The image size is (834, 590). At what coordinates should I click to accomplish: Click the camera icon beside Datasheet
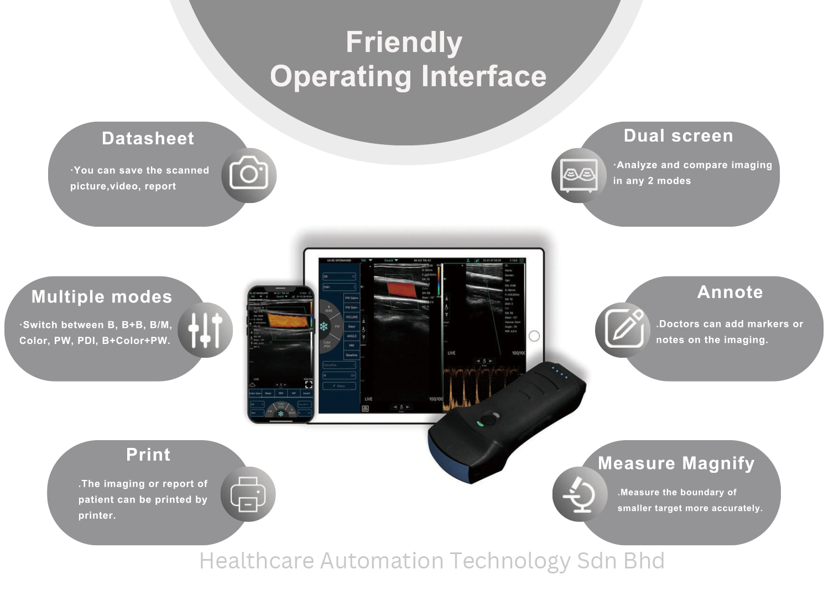pyautogui.click(x=249, y=175)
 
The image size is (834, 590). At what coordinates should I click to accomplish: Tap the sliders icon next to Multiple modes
pyautogui.click(x=205, y=330)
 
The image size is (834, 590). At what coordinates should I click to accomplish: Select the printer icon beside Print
pyautogui.click(x=248, y=494)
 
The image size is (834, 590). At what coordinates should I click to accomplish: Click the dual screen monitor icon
pyautogui.click(x=578, y=175)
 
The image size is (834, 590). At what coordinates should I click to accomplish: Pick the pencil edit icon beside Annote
pyautogui.click(x=624, y=329)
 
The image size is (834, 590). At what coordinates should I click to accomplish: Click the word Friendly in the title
pyautogui.click(x=404, y=43)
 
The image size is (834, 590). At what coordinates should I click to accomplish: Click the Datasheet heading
pyautogui.click(x=148, y=138)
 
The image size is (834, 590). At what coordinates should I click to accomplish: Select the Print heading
pyautogui.click(x=148, y=455)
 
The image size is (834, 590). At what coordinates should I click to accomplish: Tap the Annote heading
pyautogui.click(x=730, y=292)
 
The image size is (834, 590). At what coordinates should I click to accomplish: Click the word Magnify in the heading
pyautogui.click(x=718, y=463)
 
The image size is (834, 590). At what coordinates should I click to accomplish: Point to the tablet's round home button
pyautogui.click(x=534, y=336)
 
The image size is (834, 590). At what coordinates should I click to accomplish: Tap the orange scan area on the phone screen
pyautogui.click(x=287, y=321)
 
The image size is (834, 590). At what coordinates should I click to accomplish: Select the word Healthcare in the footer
pyautogui.click(x=257, y=561)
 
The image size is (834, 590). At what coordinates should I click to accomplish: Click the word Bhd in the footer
pyautogui.click(x=643, y=561)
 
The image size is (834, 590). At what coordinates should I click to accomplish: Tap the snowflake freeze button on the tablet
pyautogui.click(x=324, y=326)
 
